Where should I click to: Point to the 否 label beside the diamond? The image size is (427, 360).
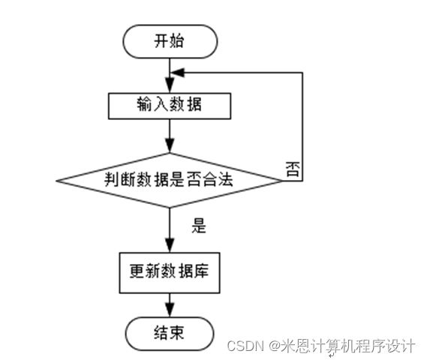point(293,169)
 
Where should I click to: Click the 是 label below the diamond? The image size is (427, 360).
point(199,226)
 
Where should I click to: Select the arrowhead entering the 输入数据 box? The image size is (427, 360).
point(170,86)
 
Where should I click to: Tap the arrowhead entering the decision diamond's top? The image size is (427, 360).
point(170,145)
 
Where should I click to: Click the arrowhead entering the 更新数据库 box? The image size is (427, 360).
point(170,245)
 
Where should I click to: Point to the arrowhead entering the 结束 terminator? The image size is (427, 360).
point(170,310)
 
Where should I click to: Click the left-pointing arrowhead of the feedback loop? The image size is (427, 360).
point(177,73)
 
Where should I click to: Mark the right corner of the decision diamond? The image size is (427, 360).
point(282,181)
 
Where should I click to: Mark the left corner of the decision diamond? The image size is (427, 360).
point(56,181)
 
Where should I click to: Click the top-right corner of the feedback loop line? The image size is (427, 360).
point(302,73)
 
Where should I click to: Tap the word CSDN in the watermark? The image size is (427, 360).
point(245,346)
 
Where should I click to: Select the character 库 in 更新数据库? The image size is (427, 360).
point(200,271)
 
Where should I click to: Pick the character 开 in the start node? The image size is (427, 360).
point(162,41)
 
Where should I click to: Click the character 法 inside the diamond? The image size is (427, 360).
point(225,179)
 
